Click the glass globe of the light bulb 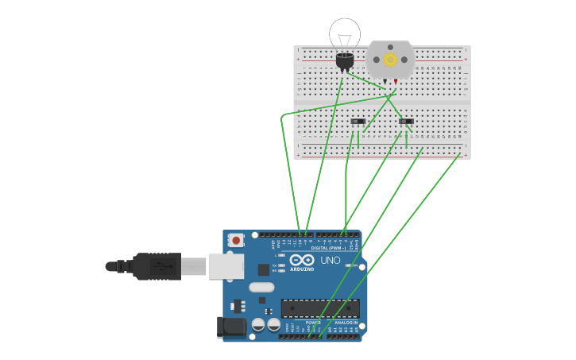345,33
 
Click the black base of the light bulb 345,60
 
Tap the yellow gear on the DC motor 390,60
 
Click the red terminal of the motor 396,81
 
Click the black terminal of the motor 385,81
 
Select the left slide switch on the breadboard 358,122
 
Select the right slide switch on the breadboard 407,122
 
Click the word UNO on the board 330,260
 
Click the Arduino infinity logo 301,260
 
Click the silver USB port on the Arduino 226,266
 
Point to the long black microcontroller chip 320,308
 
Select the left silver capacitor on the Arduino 258,324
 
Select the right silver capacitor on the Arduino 274,324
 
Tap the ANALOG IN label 344,323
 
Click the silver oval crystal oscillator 261,288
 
